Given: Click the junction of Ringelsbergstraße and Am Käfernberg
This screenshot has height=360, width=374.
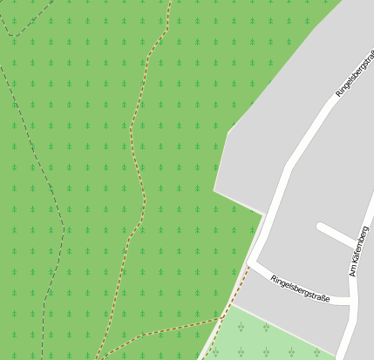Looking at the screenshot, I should pos(351,301).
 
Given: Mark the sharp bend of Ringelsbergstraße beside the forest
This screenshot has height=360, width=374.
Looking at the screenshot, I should pos(251,261).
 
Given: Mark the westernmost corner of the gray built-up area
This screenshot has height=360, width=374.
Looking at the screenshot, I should pos(214,189).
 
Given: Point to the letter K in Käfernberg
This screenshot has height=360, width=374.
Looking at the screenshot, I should pos(355,260).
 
